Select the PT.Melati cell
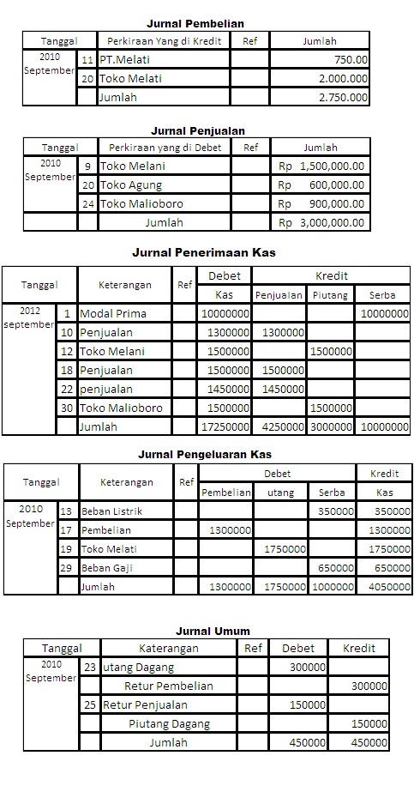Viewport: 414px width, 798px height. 121,59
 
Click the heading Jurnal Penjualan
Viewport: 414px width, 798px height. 198,130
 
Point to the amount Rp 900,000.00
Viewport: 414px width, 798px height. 321,203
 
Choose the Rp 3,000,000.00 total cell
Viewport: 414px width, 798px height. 321,223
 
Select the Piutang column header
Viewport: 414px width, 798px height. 330,294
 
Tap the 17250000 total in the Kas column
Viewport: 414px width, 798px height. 225,426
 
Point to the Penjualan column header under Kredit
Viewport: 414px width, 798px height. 279,294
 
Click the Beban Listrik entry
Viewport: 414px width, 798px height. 112,511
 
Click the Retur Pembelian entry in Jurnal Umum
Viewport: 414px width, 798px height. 169,686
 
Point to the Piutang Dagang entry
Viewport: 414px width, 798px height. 169,723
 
